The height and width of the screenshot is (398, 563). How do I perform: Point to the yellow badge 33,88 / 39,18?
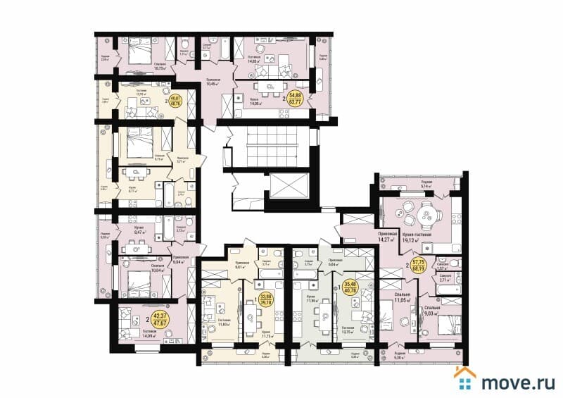click(x=266, y=299)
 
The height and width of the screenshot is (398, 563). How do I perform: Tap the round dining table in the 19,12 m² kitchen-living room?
click(x=424, y=215)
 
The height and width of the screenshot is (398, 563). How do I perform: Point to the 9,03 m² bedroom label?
click(x=433, y=313)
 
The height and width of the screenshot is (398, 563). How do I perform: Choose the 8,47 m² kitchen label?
click(x=138, y=230)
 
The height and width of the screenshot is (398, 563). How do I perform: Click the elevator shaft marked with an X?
click(x=285, y=187)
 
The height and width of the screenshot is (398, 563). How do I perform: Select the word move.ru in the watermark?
click(x=517, y=381)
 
